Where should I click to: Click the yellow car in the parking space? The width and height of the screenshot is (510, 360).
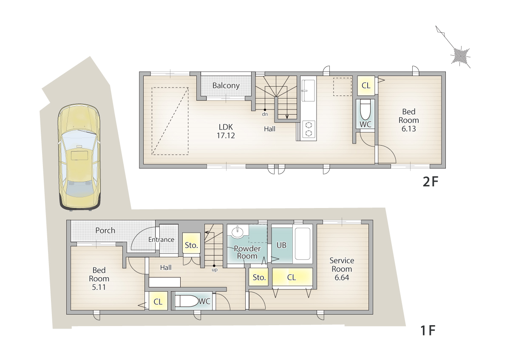coord(79,157)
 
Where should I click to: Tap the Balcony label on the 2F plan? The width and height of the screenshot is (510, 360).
coord(226,86)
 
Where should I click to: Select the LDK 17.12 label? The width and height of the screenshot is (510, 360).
coord(226,131)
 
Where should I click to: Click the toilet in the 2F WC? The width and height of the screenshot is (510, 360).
coord(365,110)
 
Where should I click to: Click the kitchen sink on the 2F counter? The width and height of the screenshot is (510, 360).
coord(308,90)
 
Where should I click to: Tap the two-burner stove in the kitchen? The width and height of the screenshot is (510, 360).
coord(309,129)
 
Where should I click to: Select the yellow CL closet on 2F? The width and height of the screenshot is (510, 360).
coord(366,86)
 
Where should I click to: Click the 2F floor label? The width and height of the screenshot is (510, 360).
coord(430,182)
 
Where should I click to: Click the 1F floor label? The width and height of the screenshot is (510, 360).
coord(428,330)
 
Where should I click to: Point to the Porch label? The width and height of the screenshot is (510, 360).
coord(105,231)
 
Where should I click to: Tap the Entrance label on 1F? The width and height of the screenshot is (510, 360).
coord(161,239)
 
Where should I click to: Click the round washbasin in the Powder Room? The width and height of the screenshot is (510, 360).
coord(238,232)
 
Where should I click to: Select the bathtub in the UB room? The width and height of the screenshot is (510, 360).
coord(303,244)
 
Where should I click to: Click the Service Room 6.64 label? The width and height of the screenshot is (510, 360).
coord(342,269)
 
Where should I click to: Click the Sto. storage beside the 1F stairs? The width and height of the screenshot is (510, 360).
coord(191,243)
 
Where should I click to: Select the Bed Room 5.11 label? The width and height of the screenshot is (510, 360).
coord(99,278)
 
